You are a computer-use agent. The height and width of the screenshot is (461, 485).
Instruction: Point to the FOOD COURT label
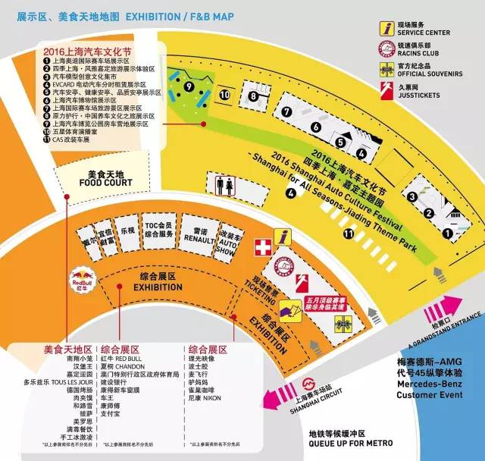(105, 182)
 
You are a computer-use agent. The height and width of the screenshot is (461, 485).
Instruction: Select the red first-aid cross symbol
(261, 248)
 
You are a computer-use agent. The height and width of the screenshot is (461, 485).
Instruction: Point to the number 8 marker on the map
(252, 96)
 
